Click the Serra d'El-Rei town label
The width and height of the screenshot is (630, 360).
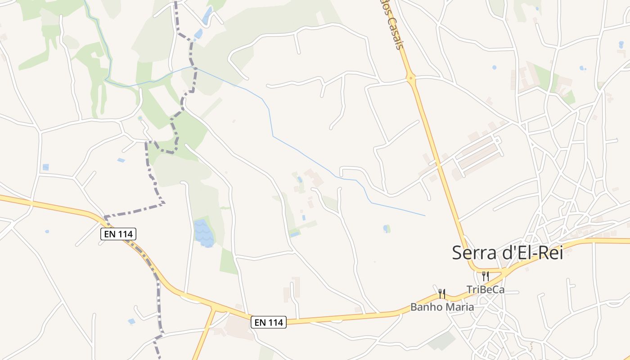tap(507, 252)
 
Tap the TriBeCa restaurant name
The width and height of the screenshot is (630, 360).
tap(486, 290)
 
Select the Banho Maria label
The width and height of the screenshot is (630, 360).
tap(442, 307)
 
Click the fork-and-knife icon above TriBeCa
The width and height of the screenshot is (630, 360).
tap(485, 276)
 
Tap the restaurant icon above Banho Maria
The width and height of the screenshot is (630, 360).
tap(442, 294)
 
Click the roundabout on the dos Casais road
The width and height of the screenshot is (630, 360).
tap(410, 78)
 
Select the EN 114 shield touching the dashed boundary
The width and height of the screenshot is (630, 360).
tap(118, 234)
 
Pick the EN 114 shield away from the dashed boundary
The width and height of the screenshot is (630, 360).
tap(269, 322)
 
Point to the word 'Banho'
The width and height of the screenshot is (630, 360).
tap(423, 307)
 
